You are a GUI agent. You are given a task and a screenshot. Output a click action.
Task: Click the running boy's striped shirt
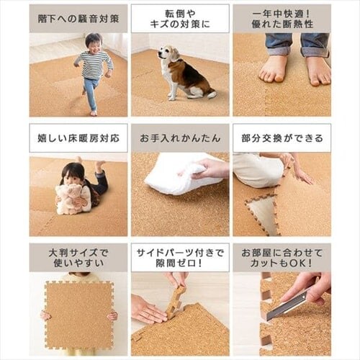pos(94,64)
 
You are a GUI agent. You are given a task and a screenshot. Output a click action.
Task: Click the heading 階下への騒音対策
pos(78,19)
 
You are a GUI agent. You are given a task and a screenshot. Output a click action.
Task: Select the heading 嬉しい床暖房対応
pos(78,138)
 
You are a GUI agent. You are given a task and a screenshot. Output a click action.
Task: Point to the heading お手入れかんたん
pos(180,138)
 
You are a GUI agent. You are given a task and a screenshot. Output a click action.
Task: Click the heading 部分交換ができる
pos(282,138)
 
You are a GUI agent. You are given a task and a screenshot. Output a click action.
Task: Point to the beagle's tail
pos(212,94)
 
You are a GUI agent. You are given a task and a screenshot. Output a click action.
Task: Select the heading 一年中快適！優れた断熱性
pos(282,19)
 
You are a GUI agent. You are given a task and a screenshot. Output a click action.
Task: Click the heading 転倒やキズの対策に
pos(180,19)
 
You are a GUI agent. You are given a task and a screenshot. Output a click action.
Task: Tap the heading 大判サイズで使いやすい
pos(78,258)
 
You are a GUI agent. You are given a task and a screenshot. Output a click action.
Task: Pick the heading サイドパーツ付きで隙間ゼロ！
pos(180,258)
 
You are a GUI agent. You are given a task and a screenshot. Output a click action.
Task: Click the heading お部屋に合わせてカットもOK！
pos(282,258)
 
